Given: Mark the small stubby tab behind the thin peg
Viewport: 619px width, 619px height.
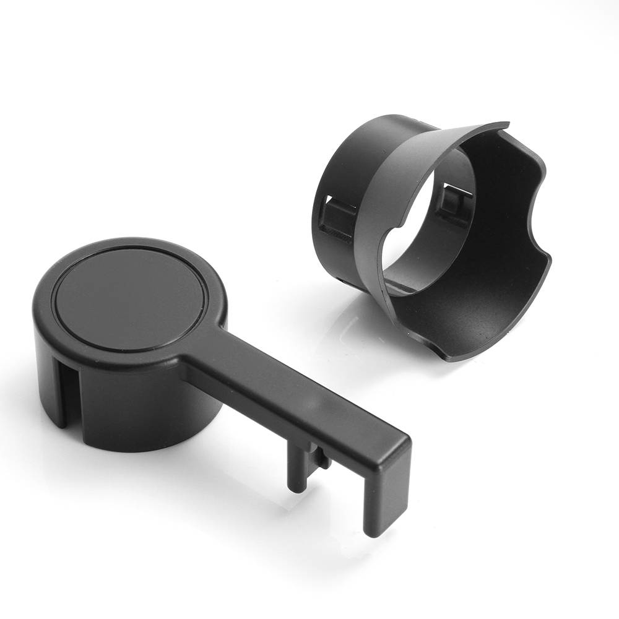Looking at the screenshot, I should [x=322, y=458].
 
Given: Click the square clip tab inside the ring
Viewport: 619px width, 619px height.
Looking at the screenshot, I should [x=451, y=201].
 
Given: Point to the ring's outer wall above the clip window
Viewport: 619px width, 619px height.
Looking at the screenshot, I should [x=347, y=161].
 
